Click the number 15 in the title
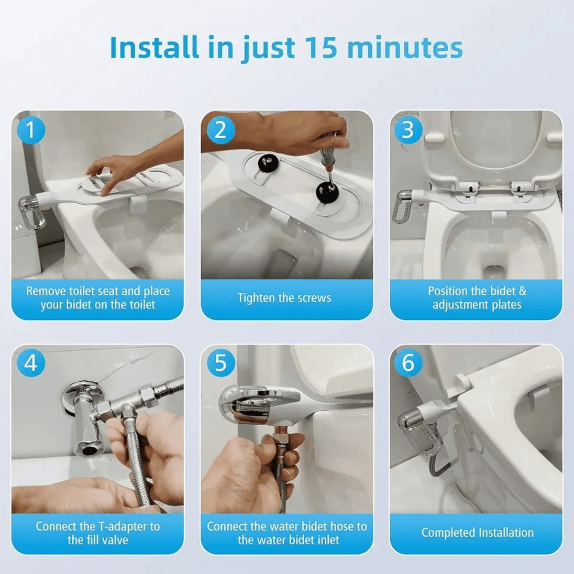pos(321,48)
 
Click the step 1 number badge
pos(31,130)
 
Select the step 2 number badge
pos(220,130)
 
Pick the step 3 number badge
pos(408,130)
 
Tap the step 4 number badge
pos(31,363)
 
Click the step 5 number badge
pos(220,363)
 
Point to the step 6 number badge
pos(408,363)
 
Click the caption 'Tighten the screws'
pos(284,298)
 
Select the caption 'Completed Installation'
pos(477,533)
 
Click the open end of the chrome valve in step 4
pos(88,450)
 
